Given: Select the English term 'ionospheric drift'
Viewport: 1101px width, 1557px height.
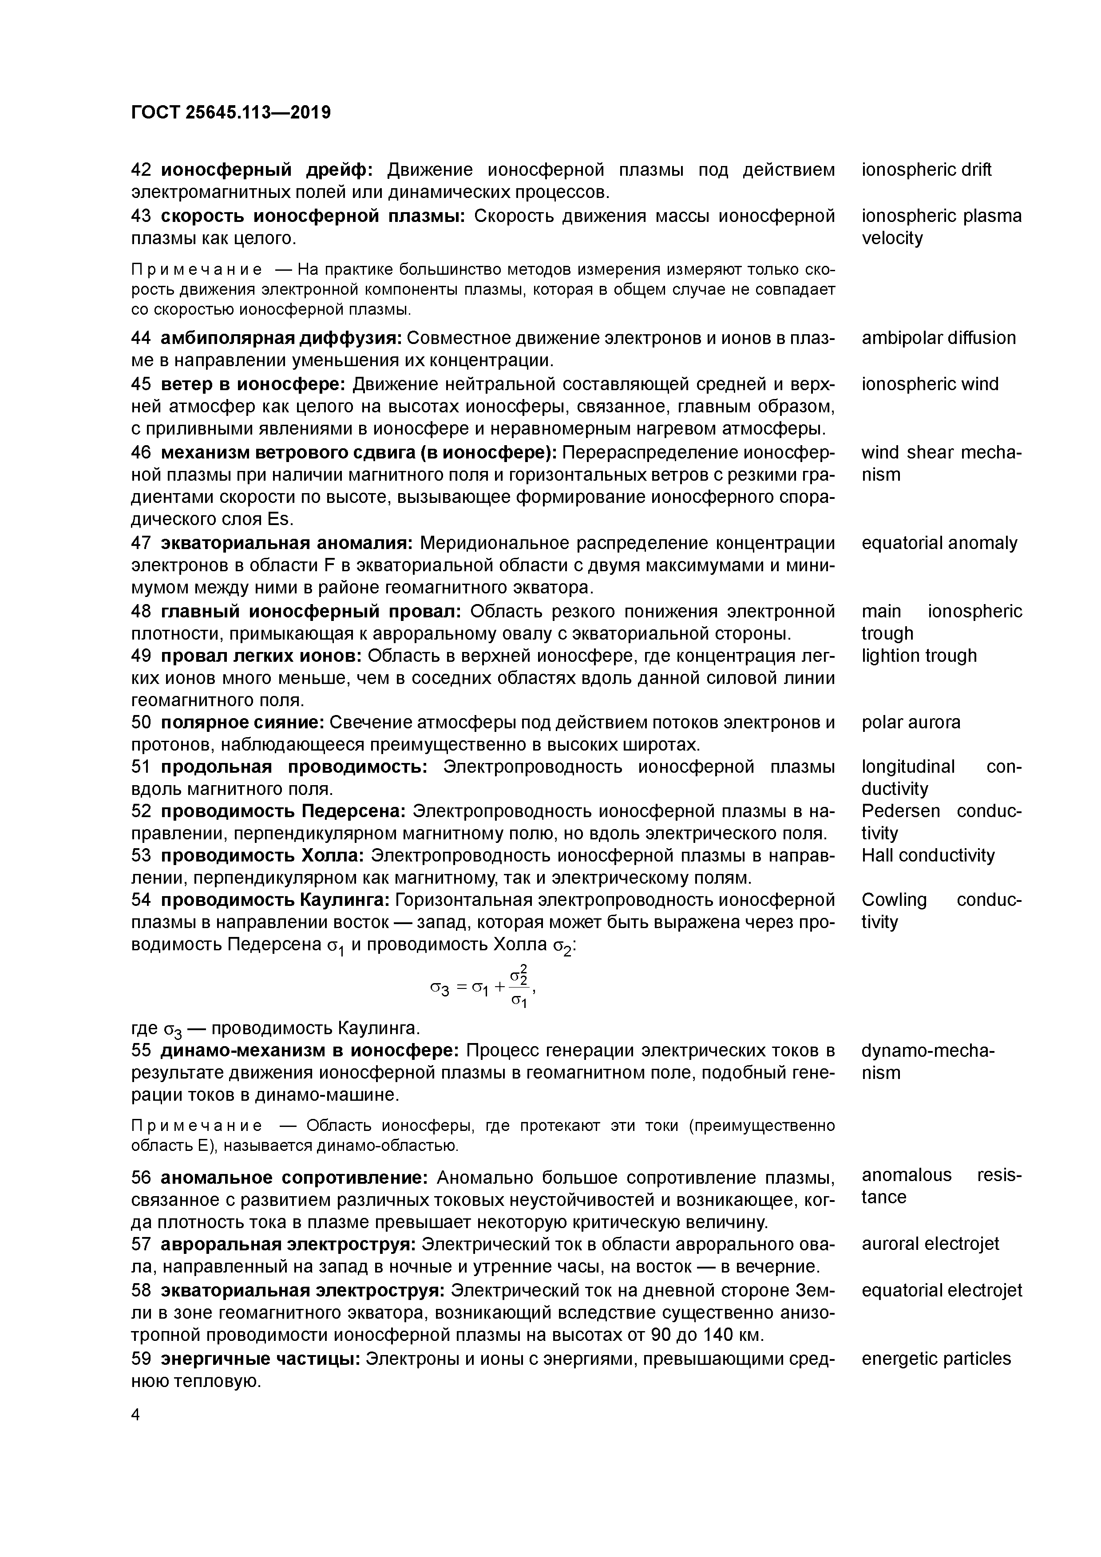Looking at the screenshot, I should [926, 170].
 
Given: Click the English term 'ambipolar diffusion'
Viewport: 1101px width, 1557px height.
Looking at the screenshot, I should [938, 338].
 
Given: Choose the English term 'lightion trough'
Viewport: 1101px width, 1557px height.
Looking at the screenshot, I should [919, 656].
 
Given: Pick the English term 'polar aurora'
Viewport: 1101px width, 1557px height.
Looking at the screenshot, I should [911, 722].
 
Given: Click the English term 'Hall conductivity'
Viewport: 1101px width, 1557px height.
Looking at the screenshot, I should [927, 856].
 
